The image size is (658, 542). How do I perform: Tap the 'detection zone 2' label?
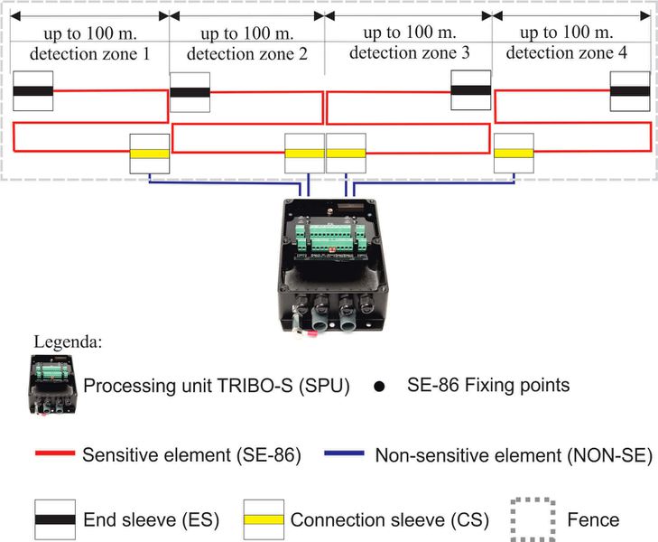tap(246, 53)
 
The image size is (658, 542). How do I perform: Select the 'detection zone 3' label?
tap(409, 53)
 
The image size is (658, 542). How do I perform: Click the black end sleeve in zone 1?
tap(33, 91)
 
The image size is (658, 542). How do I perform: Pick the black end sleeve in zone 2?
tap(190, 91)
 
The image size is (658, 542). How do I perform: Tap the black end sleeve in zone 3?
tap(471, 90)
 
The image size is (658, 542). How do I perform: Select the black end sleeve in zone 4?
tap(630, 90)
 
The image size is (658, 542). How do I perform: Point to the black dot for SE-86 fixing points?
tap(379, 387)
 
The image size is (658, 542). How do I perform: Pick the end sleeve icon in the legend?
tap(53, 519)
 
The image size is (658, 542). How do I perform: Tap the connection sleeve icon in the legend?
tap(264, 519)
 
